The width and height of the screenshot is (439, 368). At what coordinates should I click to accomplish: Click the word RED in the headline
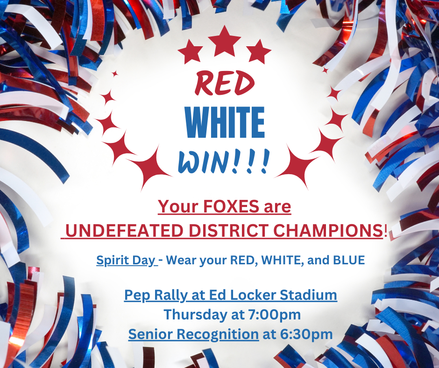click(225, 83)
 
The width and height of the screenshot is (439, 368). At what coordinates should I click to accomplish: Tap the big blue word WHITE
click(225, 122)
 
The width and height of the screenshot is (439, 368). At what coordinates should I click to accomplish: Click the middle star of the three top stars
click(225, 41)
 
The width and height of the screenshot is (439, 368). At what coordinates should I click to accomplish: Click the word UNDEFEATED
click(124, 231)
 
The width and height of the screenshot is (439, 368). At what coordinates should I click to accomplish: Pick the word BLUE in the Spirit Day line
click(349, 260)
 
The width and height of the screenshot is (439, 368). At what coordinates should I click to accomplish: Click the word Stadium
click(308, 295)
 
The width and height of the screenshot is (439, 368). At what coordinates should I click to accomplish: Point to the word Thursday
click(195, 314)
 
